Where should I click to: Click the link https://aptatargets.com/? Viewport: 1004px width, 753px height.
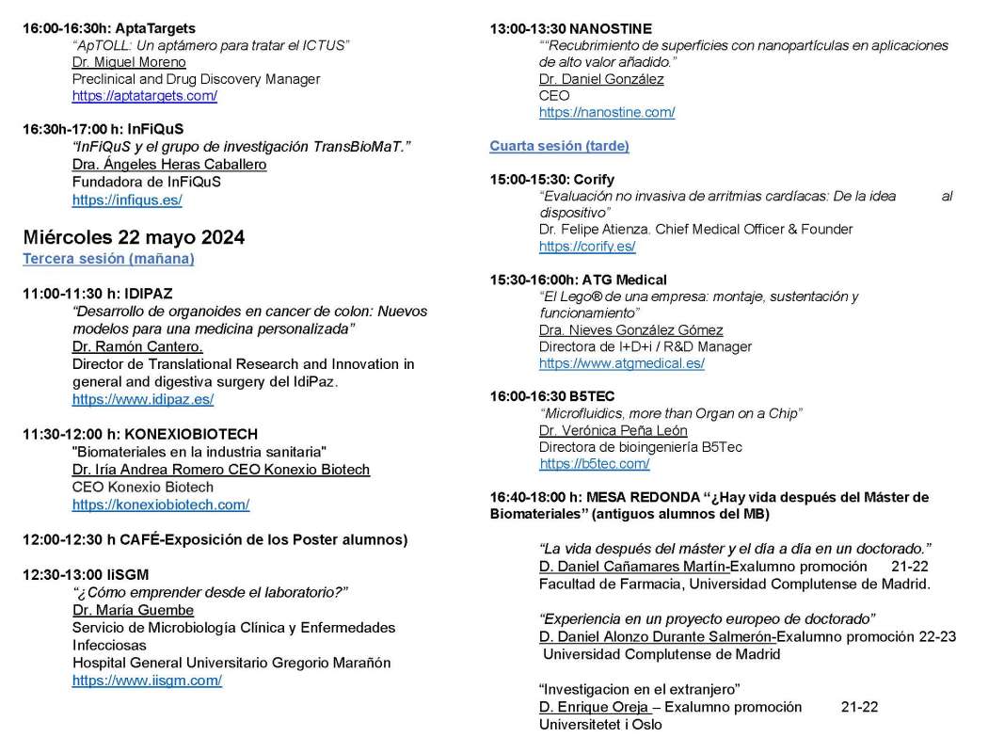144,96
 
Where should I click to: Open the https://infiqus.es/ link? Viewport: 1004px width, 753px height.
127,200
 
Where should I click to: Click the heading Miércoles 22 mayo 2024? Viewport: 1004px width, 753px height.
134,237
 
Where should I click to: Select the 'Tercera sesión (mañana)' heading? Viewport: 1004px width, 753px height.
108,258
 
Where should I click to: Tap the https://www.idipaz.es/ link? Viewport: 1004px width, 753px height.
143,399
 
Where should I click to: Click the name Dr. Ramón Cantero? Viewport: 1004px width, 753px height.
137,346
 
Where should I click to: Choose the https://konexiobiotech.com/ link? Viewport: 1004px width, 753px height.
161,505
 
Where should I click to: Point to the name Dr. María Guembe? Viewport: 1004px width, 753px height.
133,610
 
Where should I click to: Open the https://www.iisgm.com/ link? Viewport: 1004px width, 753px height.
147,680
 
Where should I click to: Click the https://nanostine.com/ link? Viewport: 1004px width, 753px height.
607,113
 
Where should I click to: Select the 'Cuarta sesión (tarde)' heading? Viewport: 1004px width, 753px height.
559,146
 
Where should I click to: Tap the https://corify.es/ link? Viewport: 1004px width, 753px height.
587,247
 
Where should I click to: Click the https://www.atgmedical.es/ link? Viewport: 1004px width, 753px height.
621,363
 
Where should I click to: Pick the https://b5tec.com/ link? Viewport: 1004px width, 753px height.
595,464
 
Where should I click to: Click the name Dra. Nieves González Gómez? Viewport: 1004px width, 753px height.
630,330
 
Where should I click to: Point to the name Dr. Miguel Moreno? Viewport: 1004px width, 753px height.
129,62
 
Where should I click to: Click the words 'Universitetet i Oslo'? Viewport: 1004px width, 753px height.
600,725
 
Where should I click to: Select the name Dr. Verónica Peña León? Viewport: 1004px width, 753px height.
613,431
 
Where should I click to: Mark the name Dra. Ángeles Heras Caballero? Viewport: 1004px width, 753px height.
169,165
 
